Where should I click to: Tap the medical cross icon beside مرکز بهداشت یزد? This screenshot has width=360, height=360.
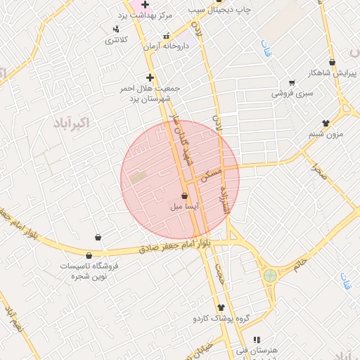[x=145, y=5]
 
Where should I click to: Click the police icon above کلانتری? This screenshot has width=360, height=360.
[x=115, y=29]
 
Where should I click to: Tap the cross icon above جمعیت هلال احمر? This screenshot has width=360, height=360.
[x=149, y=77]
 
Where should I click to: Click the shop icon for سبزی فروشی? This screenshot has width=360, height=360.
[x=292, y=83]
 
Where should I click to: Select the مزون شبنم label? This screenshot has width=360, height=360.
[x=325, y=134]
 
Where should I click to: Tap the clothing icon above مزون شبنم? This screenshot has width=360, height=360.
[x=325, y=123]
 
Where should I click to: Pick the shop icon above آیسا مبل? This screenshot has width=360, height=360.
[x=184, y=195]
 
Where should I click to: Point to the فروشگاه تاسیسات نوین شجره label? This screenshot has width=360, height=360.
[x=89, y=271]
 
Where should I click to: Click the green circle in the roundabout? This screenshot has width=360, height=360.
[x=270, y=274]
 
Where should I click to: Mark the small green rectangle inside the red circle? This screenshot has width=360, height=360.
[x=138, y=178]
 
